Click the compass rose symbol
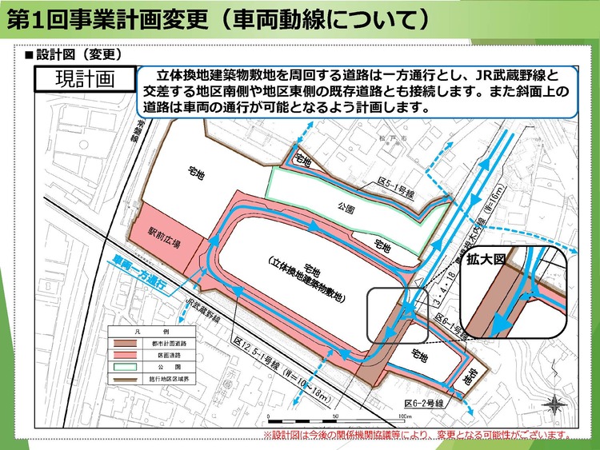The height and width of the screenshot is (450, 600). (552, 405)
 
